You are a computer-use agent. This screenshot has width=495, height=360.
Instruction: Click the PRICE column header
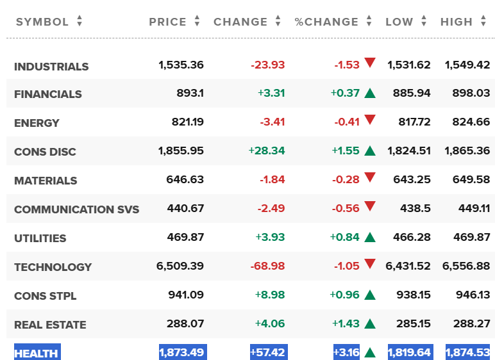coord(167,22)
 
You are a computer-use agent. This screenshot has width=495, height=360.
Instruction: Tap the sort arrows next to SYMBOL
coord(80,21)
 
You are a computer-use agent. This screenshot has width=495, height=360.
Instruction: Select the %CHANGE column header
coord(326,22)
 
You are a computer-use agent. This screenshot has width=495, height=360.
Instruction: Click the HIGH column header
coord(457,22)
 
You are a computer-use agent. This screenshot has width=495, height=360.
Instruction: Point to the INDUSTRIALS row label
coord(51,67)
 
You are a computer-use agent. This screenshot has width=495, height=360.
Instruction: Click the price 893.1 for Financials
coord(190,93)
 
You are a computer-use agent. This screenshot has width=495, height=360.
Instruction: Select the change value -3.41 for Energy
coord(273,122)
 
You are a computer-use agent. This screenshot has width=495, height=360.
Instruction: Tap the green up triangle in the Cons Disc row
coord(370,151)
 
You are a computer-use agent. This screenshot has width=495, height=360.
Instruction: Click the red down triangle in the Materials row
coord(370,177)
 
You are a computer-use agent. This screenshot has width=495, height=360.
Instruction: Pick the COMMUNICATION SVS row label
coord(77,209)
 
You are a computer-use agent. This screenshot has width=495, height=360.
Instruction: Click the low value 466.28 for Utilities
coord(412,237)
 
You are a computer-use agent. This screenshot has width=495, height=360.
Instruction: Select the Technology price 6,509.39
coord(180,266)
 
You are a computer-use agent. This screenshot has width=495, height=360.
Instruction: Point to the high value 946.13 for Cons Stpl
coord(473,295)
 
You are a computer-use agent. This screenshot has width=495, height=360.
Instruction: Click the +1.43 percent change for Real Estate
coord(346,323)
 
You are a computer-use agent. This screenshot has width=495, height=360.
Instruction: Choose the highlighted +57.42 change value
coord(268,352)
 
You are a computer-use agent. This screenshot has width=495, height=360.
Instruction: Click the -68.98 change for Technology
coord(268,266)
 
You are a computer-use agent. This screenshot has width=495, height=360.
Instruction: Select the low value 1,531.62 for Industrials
coord(409,65)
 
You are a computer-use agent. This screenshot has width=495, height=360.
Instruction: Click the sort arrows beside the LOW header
coord(424,21)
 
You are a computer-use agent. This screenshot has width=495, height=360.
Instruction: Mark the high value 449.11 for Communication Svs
coord(474,208)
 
